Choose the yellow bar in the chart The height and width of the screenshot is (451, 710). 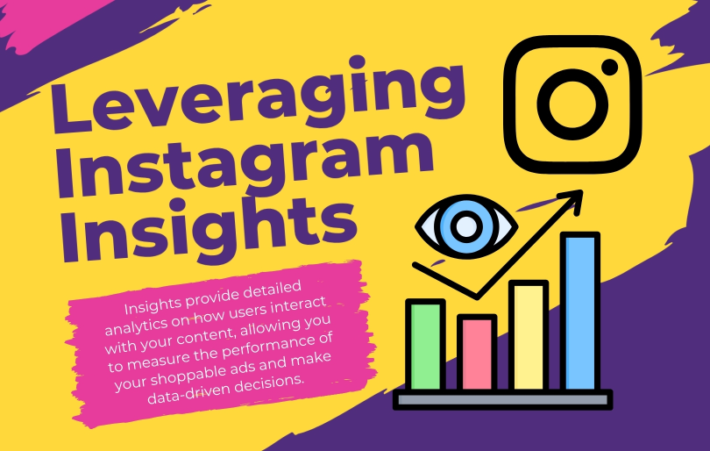click(528, 337)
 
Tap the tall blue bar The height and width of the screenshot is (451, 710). click(579, 312)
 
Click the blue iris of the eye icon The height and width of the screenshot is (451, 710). click(465, 226)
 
